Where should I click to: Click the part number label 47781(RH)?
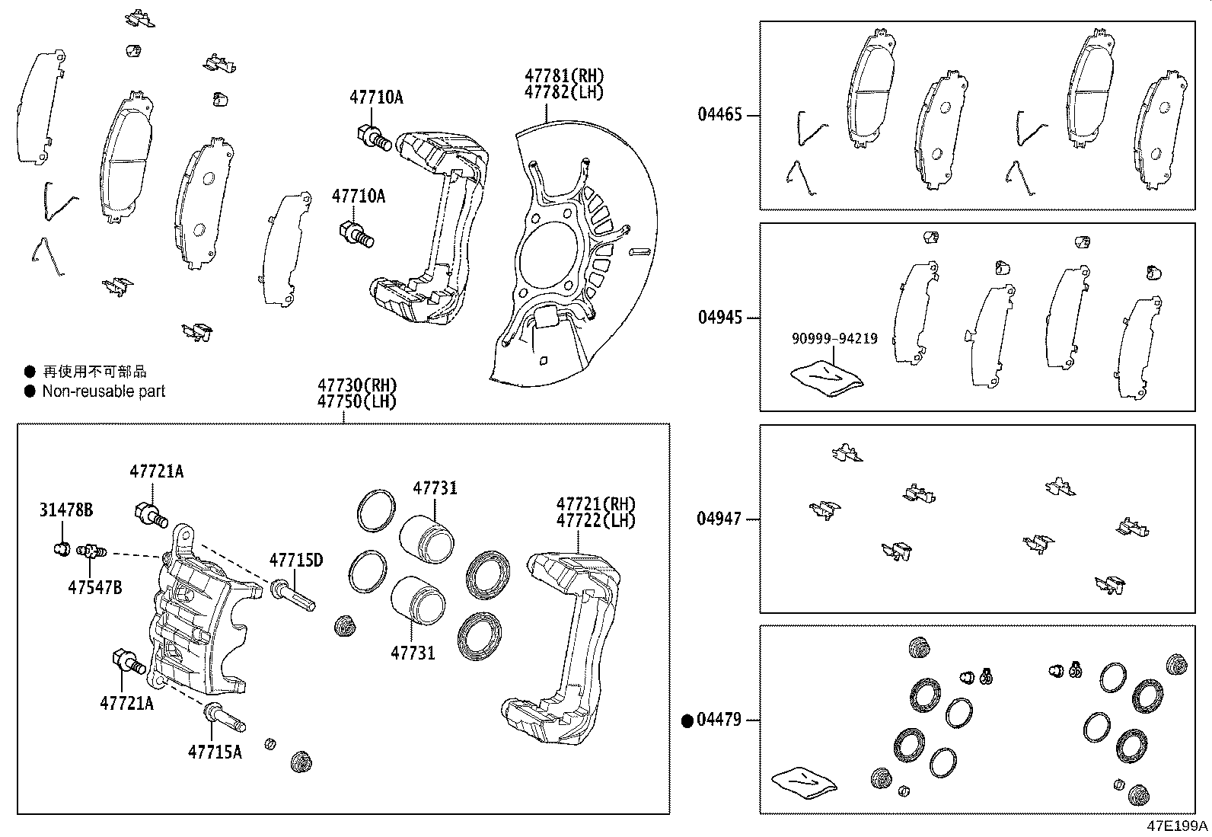coord(563,75)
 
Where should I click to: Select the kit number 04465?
coord(719,116)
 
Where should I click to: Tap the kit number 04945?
coord(719,318)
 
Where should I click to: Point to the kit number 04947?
coord(719,519)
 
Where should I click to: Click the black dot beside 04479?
coord(687,720)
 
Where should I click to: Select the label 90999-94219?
coord(834,339)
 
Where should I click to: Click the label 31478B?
coord(66,510)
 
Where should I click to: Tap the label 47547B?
coord(94,587)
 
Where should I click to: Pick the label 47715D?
coord(295,561)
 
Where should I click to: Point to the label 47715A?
coord(215,752)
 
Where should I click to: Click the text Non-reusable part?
coord(104,391)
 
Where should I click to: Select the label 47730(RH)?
coord(357,385)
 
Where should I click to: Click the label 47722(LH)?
coord(595,520)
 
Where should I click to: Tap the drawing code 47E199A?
coord(1179,826)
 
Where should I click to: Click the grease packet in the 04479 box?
coord(803,782)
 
